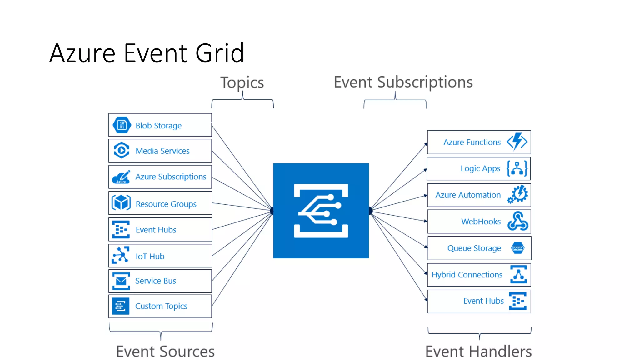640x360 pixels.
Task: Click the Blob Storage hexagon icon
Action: tap(122, 125)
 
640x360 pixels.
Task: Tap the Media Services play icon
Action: tap(121, 150)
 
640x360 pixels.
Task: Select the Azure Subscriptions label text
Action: tap(171, 177)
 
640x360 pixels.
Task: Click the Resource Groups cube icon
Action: tap(121, 203)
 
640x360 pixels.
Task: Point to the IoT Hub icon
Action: tap(121, 255)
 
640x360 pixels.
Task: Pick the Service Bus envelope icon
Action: tap(121, 281)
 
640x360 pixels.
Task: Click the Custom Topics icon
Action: tap(120, 306)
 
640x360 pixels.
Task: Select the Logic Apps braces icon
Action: tap(517, 168)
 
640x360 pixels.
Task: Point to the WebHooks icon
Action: tap(518, 221)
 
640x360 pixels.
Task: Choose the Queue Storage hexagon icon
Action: tap(518, 248)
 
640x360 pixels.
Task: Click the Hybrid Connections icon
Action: tap(518, 274)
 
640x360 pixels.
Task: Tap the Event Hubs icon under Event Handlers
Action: tap(518, 301)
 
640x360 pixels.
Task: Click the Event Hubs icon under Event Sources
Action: tap(121, 230)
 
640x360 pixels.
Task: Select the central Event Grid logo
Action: tap(321, 211)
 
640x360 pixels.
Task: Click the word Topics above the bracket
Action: tap(242, 82)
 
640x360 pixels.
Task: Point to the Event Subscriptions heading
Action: tap(403, 82)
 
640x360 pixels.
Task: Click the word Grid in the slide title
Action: tap(220, 53)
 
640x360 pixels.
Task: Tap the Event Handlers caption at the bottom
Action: tap(478, 351)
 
